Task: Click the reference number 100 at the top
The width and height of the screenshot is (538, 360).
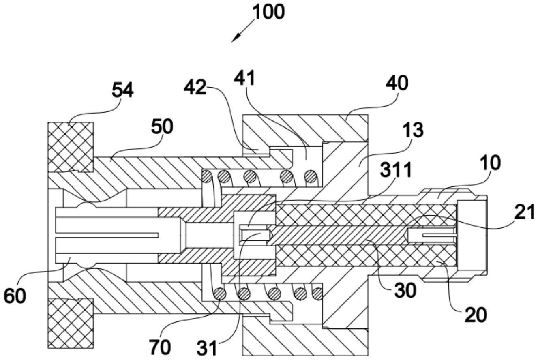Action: pyautogui.click(x=268, y=13)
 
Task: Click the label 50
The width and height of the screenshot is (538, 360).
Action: pyautogui.click(x=162, y=127)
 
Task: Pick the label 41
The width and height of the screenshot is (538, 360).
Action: pyautogui.click(x=245, y=78)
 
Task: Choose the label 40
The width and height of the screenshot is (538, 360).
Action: pyautogui.click(x=397, y=84)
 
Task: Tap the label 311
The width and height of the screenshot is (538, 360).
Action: pyautogui.click(x=396, y=170)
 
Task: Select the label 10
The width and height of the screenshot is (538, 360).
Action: pyautogui.click(x=489, y=163)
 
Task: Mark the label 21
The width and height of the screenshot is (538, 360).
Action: pyautogui.click(x=524, y=212)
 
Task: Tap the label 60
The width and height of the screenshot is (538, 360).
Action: pyautogui.click(x=15, y=296)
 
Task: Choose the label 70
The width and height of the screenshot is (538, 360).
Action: pyautogui.click(x=160, y=347)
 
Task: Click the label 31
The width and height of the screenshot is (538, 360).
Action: pyautogui.click(x=207, y=348)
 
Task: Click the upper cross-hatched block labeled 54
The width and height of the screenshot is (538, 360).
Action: pyautogui.click(x=71, y=146)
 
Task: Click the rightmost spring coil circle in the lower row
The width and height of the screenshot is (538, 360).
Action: pyautogui.click(x=317, y=292)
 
